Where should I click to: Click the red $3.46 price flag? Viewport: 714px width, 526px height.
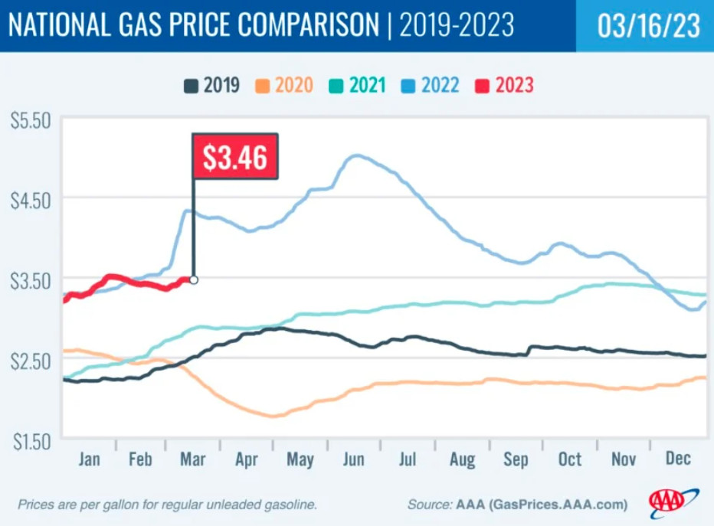tap(235, 156)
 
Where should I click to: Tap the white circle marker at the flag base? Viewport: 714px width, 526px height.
tap(194, 279)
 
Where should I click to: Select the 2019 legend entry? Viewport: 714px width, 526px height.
tap(211, 85)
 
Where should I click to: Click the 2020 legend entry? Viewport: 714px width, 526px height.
tap(284, 85)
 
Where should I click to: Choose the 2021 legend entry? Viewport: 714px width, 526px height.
tap(357, 85)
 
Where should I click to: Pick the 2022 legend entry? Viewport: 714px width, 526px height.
tap(430, 85)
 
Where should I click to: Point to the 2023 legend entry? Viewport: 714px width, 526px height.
tap(504, 85)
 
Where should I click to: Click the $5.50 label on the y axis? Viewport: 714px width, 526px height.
tap(31, 121)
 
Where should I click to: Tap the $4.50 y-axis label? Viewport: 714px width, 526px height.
tap(31, 201)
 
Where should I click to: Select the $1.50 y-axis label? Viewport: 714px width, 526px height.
tap(32, 441)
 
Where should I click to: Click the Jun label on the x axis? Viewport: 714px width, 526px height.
tap(354, 459)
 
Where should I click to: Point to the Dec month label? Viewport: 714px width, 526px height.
tap(678, 458)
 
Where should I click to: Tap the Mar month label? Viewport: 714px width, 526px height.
tap(192, 459)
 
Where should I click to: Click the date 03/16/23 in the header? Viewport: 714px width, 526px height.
tap(648, 25)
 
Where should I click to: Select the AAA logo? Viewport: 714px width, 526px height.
tap(673, 502)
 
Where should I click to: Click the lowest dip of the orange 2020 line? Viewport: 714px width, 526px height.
tap(273, 416)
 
